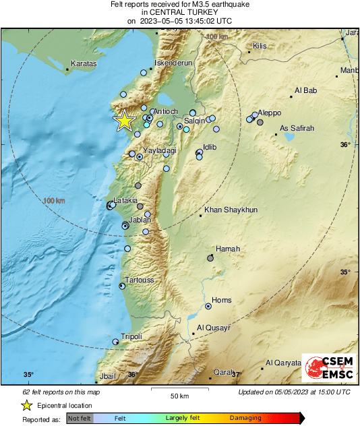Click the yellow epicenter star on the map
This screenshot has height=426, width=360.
(x=125, y=121)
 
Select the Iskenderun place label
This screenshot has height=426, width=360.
(x=174, y=63)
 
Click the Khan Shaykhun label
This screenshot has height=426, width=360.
(x=231, y=210)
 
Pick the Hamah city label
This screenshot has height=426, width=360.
(x=228, y=249)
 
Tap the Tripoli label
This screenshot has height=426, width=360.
(x=131, y=336)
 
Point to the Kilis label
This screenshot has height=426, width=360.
(x=260, y=47)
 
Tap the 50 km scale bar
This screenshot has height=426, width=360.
(x=178, y=390)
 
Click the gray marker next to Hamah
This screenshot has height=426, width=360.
(x=210, y=258)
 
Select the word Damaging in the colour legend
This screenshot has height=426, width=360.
(x=245, y=418)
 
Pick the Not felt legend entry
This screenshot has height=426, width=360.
(x=80, y=418)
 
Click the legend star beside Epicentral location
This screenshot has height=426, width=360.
(x=26, y=405)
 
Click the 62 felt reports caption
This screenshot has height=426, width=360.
(x=61, y=392)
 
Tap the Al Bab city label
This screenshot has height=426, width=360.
(x=305, y=90)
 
